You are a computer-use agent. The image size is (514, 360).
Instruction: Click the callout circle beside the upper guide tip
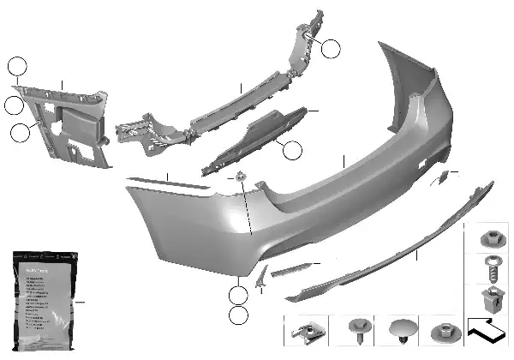[x=331, y=48]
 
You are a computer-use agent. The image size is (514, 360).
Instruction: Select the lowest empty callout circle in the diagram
[x=239, y=315]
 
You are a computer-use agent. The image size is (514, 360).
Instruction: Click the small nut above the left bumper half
[x=242, y=179]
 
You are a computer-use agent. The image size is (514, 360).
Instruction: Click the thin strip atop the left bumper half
[x=167, y=183]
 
